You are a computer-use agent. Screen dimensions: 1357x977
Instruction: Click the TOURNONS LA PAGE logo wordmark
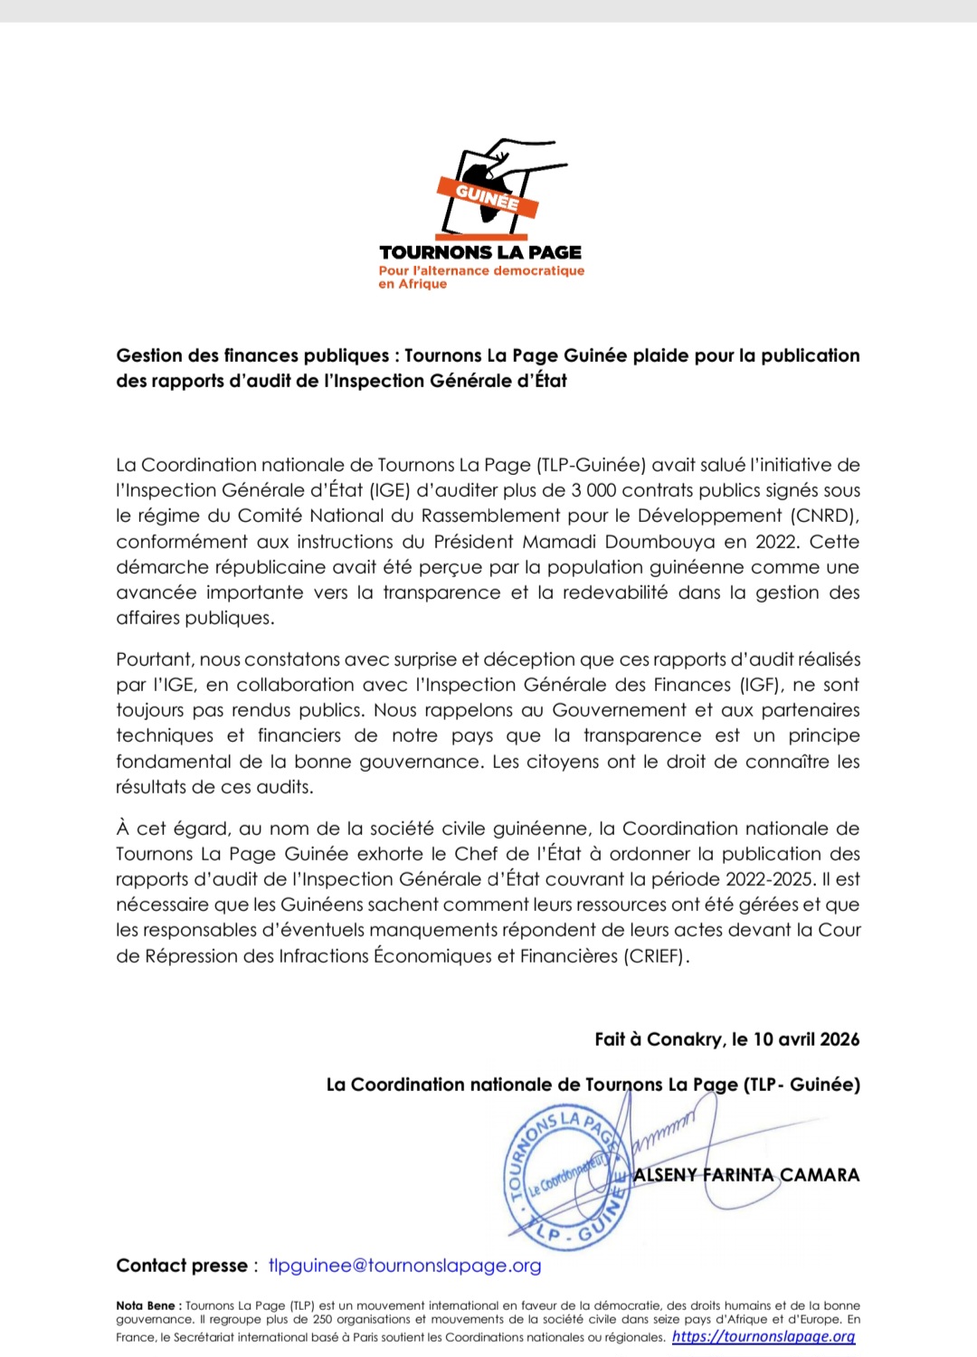tap(480, 252)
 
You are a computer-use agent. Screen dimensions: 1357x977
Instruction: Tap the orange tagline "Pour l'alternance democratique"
tap(481, 270)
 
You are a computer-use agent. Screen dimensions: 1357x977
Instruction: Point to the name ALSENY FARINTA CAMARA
tap(746, 1175)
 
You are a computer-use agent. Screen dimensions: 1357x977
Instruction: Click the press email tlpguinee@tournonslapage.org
tap(404, 1266)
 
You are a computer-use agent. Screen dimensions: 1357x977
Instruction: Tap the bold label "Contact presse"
tap(182, 1266)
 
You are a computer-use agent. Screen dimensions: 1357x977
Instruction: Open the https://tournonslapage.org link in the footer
tap(764, 1337)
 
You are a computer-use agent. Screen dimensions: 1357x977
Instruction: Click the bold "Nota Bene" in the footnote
tap(146, 1306)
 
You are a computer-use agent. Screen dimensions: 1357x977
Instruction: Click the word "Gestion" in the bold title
tap(150, 356)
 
